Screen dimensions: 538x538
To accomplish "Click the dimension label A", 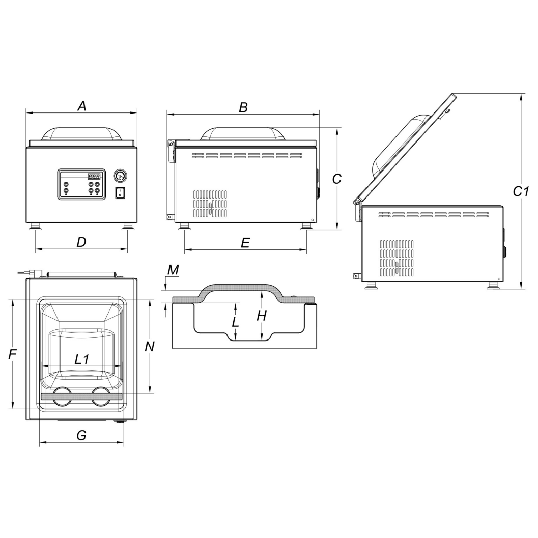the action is pyautogui.click(x=81, y=106).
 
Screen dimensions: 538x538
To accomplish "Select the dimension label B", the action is pyautogui.click(x=243, y=107).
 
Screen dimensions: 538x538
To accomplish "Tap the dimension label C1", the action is pyautogui.click(x=521, y=191).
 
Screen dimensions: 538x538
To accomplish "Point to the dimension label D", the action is pyautogui.click(x=81, y=242).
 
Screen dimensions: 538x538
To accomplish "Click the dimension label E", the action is pyautogui.click(x=245, y=243).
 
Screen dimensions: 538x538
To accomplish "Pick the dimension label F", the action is pyautogui.click(x=12, y=354).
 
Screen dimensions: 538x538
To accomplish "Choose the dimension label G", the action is pyautogui.click(x=81, y=435).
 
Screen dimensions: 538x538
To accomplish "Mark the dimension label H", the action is pyautogui.click(x=262, y=316).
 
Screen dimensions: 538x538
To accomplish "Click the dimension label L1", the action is pyautogui.click(x=82, y=359).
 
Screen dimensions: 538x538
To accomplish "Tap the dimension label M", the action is pyautogui.click(x=173, y=270).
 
